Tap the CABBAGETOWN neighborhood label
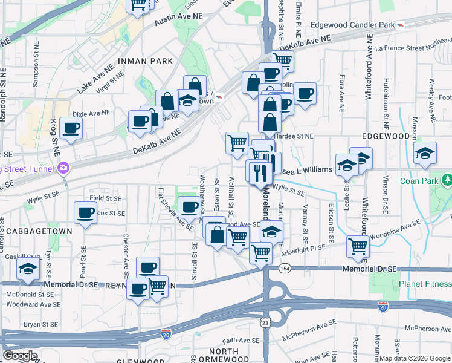tap(48, 231)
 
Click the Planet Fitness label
tap(425, 284)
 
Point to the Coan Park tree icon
tap(446, 180)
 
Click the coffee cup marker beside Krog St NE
tap(71, 128)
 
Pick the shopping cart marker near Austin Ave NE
tap(138, 5)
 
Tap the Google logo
tap(20, 355)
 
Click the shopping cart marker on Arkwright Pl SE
tap(358, 246)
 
